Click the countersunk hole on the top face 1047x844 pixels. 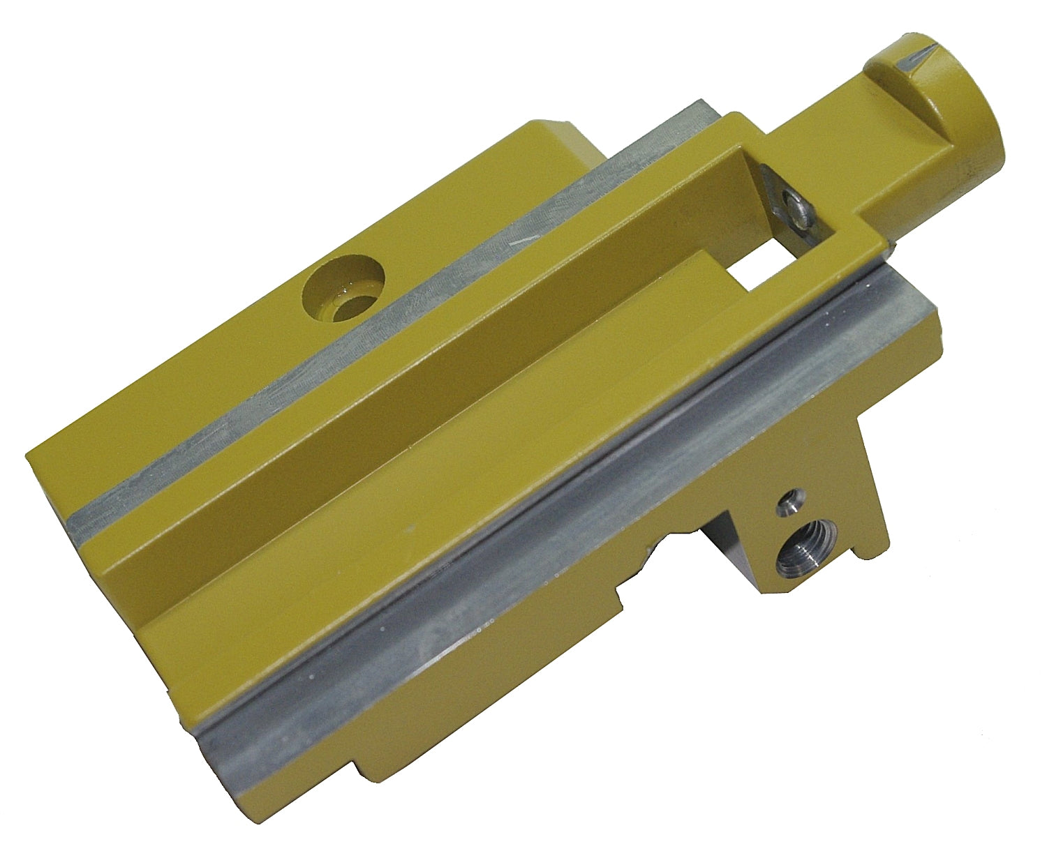[x=344, y=289]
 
